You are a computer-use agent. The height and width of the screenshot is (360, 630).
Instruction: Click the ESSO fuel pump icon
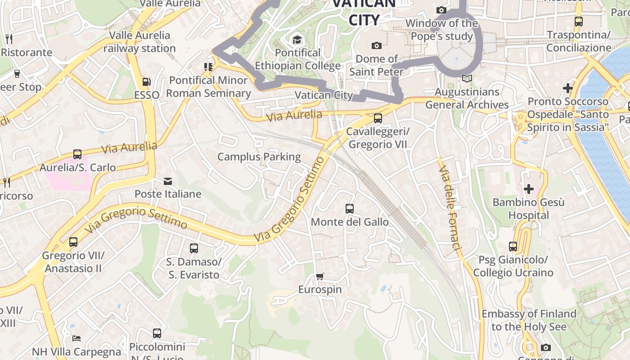click(146, 82)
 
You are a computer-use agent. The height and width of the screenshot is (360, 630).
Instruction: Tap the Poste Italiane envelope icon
click(168, 181)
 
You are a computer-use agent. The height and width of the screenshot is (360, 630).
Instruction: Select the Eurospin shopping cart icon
click(319, 276)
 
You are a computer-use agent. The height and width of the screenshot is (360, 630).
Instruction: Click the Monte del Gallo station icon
click(350, 209)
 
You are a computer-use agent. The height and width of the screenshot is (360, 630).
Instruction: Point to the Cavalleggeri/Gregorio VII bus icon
click(378, 118)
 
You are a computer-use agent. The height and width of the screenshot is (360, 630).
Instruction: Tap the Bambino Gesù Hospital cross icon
click(529, 189)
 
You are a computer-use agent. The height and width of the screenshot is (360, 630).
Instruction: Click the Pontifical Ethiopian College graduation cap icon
click(297, 40)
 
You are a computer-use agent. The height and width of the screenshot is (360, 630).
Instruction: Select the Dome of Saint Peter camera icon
click(376, 45)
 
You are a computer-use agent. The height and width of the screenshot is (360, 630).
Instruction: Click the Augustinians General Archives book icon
click(467, 79)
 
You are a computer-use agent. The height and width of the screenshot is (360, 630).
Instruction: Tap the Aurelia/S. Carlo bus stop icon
click(77, 154)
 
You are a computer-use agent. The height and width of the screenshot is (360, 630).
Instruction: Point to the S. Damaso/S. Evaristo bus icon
click(193, 248)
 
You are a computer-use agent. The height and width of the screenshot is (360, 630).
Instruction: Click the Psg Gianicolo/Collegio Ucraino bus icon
click(513, 247)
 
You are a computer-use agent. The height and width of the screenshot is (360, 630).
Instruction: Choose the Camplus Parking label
click(259, 157)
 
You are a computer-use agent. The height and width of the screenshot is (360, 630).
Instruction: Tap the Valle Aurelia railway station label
click(139, 42)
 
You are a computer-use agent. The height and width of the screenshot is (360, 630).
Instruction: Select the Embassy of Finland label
click(529, 320)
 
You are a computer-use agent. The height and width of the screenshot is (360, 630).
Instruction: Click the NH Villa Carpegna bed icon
click(76, 338)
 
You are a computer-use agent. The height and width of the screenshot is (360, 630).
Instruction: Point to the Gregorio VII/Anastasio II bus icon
click(73, 242)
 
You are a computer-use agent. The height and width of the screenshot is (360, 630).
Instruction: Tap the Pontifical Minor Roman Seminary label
click(208, 87)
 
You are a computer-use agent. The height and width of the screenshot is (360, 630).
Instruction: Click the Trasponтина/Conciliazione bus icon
click(579, 21)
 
